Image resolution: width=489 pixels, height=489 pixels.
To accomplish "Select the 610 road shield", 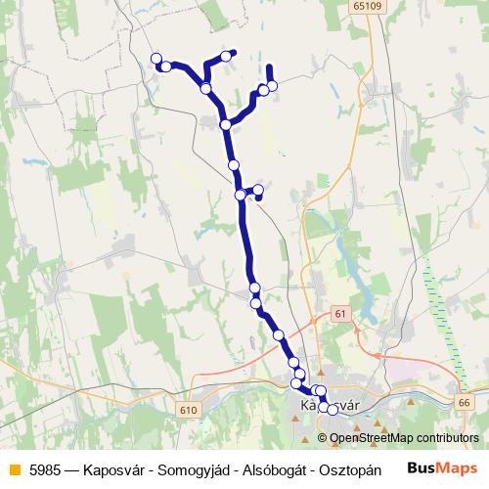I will coord(189,410).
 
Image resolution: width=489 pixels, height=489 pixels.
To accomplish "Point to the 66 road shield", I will coord(464,402).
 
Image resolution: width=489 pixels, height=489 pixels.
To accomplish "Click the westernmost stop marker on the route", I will coord(156,59).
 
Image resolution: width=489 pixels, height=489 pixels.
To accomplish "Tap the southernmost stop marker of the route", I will coord(332,410).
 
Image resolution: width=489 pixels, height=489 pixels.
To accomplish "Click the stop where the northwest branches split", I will coord(205,89).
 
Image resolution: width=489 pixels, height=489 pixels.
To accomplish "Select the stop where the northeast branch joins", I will coord(226,124).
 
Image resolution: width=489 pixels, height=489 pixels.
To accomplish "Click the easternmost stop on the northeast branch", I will coord(272,86).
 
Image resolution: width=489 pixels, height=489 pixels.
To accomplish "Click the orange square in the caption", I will coord(13,467).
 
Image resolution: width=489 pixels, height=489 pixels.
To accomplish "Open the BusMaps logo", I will coord(441,467).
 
